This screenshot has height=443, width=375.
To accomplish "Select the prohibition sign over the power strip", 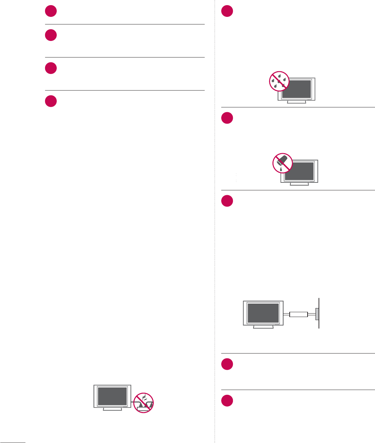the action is click(x=143, y=403).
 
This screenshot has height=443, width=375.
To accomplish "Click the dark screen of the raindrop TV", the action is click(x=297, y=89).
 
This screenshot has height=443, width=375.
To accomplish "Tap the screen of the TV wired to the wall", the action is click(x=264, y=313).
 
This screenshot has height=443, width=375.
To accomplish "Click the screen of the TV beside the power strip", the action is click(x=112, y=396).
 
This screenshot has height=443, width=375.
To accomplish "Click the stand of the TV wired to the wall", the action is click(x=263, y=327).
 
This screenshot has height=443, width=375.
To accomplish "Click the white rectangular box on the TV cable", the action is click(x=299, y=314).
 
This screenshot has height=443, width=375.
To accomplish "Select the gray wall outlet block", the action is click(x=317, y=314).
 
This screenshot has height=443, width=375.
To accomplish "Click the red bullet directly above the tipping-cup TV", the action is click(x=227, y=118).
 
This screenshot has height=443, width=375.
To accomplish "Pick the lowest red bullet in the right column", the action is click(x=227, y=401).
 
